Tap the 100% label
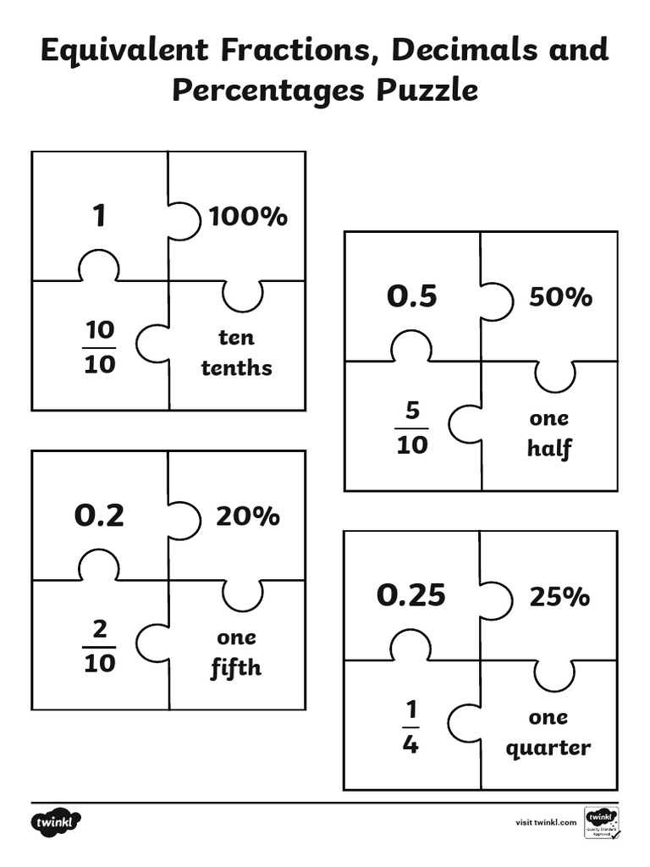pos(248,217)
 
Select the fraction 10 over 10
pos(100,347)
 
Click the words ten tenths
pos(236,352)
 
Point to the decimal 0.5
pos(412,296)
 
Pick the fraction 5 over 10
pos(412,428)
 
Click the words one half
pos(548,433)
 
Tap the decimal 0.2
pos(99,516)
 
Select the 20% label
pos(247,516)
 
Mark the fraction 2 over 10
pos(100,646)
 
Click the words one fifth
pos(236,652)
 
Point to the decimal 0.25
pos(410,595)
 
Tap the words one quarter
pos(548,732)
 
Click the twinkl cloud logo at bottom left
pos(58,822)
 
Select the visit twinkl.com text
pos(546,822)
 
